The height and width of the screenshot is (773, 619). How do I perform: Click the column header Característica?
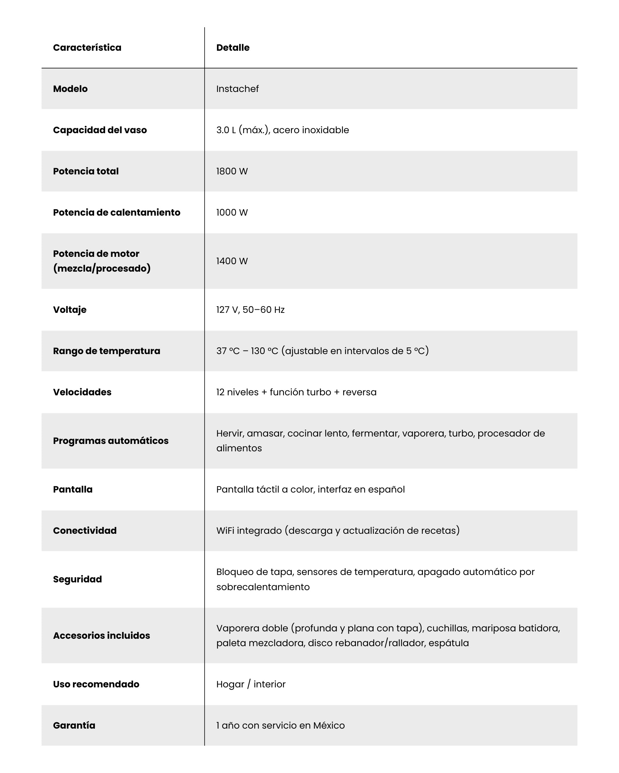point(87,48)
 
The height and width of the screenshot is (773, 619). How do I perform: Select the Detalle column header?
point(232,48)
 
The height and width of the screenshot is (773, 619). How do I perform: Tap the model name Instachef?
point(237,89)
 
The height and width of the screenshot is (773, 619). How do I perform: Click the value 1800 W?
point(232,171)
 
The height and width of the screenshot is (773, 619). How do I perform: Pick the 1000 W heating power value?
point(232,212)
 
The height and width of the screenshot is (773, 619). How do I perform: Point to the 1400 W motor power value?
point(232,261)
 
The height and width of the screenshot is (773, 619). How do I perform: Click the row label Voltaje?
point(69,310)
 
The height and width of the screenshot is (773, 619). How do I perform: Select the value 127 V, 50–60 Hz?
point(250,310)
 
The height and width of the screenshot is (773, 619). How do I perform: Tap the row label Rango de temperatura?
point(107,351)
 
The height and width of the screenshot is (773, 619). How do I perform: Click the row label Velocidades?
point(82,392)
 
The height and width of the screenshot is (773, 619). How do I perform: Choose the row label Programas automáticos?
point(110,441)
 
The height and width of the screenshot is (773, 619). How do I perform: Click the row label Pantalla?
point(73,489)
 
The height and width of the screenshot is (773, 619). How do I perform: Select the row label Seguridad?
point(78,579)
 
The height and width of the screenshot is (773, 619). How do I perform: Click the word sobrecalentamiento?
point(263,587)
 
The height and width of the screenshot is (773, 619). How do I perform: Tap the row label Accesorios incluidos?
point(102,635)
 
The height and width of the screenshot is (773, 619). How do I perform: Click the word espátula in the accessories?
point(449,643)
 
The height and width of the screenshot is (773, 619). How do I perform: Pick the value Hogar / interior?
point(251,684)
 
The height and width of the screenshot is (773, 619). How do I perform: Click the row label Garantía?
point(74,725)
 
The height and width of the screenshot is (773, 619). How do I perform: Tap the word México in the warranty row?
point(329,725)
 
